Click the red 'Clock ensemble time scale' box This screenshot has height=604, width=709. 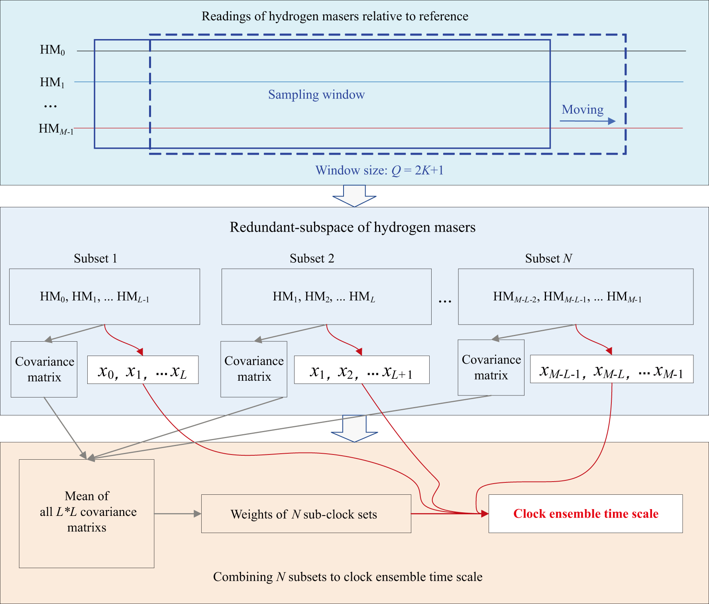(x=585, y=513)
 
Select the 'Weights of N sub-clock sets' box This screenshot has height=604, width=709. (x=306, y=514)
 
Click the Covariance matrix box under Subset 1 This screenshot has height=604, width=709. (x=44, y=369)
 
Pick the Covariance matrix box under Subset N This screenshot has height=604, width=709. (x=491, y=368)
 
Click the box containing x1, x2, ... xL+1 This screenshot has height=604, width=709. (x=361, y=370)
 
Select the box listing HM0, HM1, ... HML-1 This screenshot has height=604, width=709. (x=104, y=297)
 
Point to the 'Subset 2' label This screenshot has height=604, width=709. (x=312, y=258)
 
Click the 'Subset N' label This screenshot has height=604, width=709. (x=548, y=258)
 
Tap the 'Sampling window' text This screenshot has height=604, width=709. (x=316, y=94)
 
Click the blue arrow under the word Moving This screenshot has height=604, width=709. (x=587, y=121)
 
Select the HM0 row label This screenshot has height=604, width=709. (x=52, y=50)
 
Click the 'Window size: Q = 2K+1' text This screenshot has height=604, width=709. (x=379, y=170)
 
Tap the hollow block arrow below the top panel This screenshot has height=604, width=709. (x=354, y=196)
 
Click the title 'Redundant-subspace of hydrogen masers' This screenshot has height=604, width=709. (x=352, y=227)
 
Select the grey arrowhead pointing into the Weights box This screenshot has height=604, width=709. (x=197, y=514)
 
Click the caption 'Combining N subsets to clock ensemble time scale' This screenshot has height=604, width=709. (x=348, y=577)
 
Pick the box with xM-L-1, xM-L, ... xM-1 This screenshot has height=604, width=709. (x=611, y=369)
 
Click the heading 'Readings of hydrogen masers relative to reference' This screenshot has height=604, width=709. (x=335, y=16)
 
